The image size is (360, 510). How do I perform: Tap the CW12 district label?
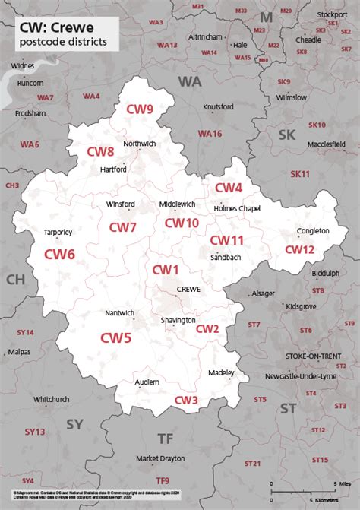(x=299, y=249)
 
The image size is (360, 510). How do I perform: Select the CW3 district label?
(x=186, y=401)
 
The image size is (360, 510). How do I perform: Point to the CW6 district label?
(x=58, y=255)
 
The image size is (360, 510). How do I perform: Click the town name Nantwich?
(x=119, y=313)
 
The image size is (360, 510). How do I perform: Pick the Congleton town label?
(x=314, y=230)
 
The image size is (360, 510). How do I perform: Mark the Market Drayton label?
(x=158, y=459)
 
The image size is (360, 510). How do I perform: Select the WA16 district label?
(x=210, y=134)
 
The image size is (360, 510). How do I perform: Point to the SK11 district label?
(x=300, y=174)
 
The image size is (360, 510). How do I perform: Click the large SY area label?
(x=74, y=423)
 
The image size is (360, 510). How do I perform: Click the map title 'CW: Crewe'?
(x=57, y=27)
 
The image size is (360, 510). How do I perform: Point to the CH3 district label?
(x=12, y=185)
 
